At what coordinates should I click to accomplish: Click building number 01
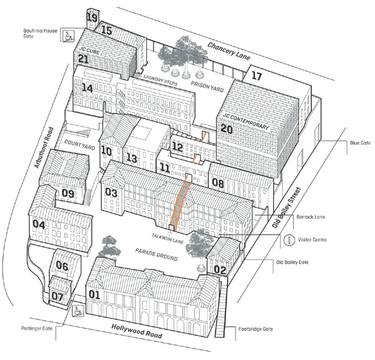94,294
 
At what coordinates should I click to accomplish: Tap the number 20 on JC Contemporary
226,129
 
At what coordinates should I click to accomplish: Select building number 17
257,76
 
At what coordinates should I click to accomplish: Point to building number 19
92,18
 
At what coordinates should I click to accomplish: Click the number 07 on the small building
58,297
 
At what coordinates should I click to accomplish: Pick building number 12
177,146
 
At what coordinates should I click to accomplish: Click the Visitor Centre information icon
289,240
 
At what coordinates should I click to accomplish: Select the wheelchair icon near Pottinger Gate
78,311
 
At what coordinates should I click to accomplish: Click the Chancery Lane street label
229,51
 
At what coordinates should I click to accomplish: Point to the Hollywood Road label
137,331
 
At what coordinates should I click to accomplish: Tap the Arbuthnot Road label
44,147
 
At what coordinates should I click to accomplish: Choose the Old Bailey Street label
286,207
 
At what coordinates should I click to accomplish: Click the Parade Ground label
156,254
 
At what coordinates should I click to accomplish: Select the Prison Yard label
207,86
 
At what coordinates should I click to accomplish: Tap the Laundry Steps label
161,81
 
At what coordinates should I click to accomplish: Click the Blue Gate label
360,143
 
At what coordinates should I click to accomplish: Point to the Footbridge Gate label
255,329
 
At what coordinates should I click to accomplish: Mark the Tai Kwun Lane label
167,239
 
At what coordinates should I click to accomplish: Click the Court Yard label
79,145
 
